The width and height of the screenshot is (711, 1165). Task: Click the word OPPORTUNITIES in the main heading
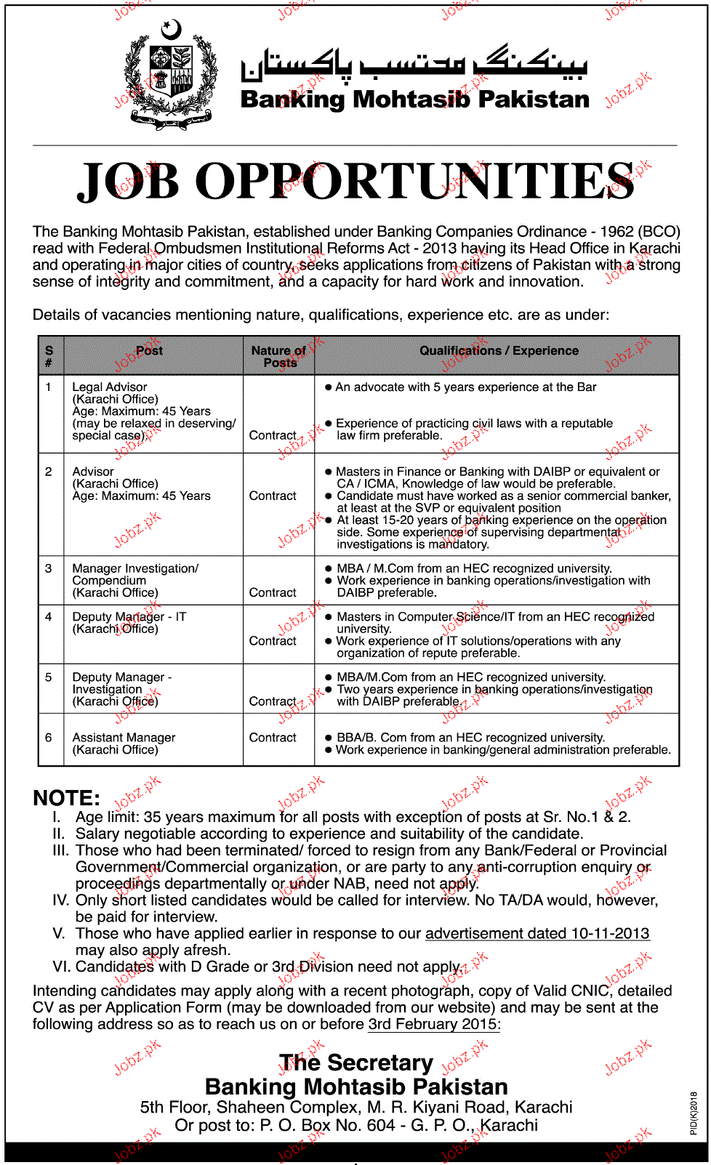pyautogui.click(x=415, y=182)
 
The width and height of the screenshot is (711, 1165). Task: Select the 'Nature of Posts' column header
pyautogui.click(x=278, y=356)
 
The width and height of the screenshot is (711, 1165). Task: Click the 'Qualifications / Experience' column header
pyautogui.click(x=499, y=351)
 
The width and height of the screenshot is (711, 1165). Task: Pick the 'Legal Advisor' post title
pyautogui.click(x=110, y=387)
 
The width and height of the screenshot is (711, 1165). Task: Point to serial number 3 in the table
pyautogui.click(x=49, y=568)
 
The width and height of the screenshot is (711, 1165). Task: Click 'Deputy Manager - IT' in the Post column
pyautogui.click(x=129, y=617)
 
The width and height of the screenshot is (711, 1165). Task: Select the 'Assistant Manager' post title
pyautogui.click(x=124, y=738)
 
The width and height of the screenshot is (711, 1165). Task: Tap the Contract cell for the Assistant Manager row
pyautogui.click(x=273, y=738)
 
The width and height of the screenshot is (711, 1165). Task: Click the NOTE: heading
pyautogui.click(x=67, y=798)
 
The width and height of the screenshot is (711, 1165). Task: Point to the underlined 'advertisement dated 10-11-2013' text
pyautogui.click(x=537, y=934)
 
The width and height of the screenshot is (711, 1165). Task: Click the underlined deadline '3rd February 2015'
pyautogui.click(x=433, y=1024)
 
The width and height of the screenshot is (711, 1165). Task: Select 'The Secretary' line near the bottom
pyautogui.click(x=356, y=1063)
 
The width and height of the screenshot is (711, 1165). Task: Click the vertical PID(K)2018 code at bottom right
pyautogui.click(x=694, y=1113)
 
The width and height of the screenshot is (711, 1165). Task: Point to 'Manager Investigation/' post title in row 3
pyautogui.click(x=135, y=568)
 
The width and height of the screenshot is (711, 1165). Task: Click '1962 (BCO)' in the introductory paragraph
pyautogui.click(x=640, y=232)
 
